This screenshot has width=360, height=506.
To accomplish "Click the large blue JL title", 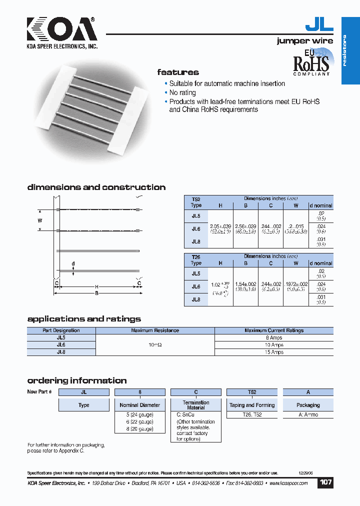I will [x=318, y=25].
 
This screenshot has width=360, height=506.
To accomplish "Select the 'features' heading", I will [x=178, y=72].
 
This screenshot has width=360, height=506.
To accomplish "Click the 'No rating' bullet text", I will [x=182, y=93].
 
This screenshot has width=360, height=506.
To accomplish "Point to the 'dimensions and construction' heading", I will [x=96, y=187].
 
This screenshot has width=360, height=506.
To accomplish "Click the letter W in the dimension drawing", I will [x=40, y=219].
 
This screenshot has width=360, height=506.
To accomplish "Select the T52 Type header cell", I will [x=196, y=202].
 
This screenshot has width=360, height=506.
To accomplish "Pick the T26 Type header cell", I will [x=196, y=259].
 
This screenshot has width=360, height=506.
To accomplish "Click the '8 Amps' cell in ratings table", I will [x=273, y=338].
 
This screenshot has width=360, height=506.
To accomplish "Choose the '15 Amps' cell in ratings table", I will [x=273, y=352].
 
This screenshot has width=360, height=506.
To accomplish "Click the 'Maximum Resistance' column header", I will [x=154, y=330].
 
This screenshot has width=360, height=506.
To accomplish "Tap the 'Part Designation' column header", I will [x=61, y=330].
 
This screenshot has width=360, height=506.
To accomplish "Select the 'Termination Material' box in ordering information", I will [x=196, y=405].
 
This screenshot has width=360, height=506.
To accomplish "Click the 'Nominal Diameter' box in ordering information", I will [x=140, y=405].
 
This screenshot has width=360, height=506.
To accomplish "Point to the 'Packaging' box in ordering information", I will [x=308, y=405].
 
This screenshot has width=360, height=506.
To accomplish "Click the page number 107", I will [x=325, y=482].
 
